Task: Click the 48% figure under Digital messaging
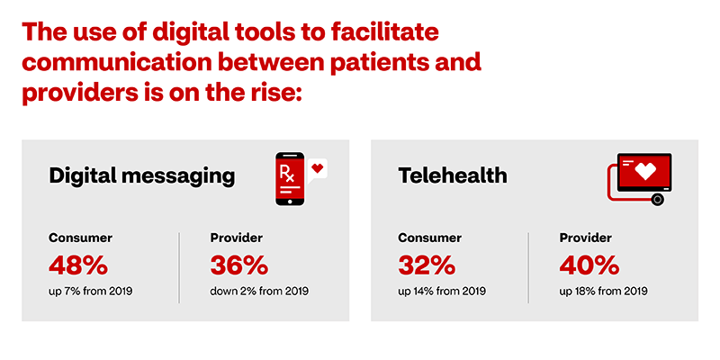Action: [78, 265]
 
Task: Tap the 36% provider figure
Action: [238, 265]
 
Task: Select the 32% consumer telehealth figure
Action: [427, 265]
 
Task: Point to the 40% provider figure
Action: [589, 265]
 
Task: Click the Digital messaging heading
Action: [142, 177]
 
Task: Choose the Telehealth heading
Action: [453, 175]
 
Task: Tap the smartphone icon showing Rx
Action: [289, 179]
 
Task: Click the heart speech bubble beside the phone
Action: [317, 170]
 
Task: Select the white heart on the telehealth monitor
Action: [644, 172]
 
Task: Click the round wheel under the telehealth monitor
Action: [658, 200]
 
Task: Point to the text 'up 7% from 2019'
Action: [91, 291]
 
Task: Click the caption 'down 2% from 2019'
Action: [259, 291]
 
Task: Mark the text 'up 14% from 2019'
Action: [442, 291]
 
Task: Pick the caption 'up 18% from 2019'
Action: [603, 291]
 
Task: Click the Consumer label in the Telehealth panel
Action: [430, 238]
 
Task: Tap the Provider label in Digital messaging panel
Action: [237, 238]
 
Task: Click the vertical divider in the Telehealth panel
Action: [528, 267]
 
